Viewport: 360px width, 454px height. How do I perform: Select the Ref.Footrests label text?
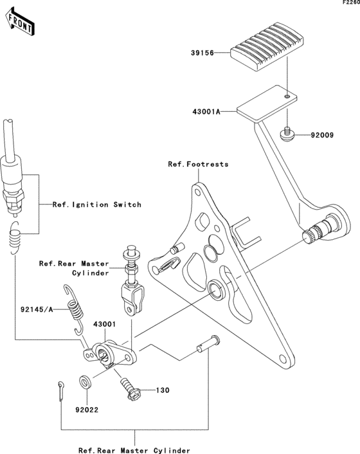198,165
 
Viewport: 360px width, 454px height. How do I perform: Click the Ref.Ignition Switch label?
97,204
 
